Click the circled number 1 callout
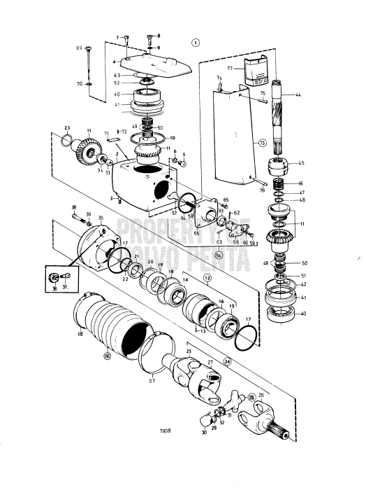click(x=196, y=41)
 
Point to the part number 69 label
click(x=80, y=48)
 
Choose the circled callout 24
click(x=208, y=361)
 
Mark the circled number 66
click(x=107, y=356)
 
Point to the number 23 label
click(x=66, y=127)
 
